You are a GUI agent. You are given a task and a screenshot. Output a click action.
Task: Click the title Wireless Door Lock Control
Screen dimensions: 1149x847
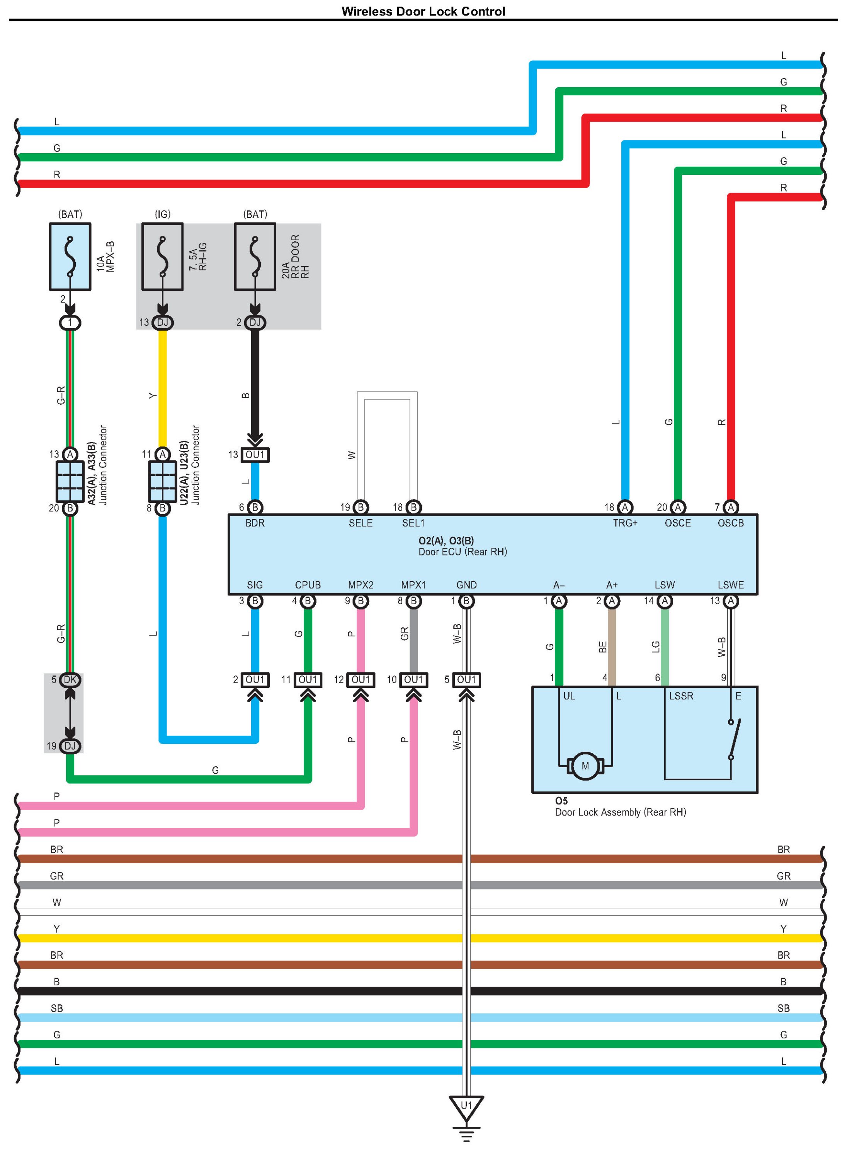click(423, 11)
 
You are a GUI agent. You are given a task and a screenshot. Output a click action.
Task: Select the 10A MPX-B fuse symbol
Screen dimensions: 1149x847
click(70, 256)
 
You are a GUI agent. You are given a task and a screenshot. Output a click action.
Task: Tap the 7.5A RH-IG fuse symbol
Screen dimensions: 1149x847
click(163, 256)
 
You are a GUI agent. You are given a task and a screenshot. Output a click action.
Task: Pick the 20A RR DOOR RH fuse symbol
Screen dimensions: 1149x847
click(255, 256)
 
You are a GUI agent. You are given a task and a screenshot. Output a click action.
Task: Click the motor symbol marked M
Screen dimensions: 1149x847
click(585, 766)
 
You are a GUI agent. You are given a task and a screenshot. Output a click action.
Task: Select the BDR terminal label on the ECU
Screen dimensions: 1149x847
click(255, 523)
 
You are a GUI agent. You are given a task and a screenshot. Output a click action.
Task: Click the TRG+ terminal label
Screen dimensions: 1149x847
click(624, 523)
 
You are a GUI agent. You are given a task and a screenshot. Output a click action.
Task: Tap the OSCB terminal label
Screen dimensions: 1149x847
click(730, 523)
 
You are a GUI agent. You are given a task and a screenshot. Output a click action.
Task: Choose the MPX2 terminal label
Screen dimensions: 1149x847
click(361, 585)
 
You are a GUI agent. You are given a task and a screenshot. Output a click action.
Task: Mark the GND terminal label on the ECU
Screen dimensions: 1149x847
click(466, 585)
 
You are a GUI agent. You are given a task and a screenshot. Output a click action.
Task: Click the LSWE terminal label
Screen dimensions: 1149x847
click(730, 585)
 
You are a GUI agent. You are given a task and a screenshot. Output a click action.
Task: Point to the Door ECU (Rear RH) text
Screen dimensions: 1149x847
click(463, 552)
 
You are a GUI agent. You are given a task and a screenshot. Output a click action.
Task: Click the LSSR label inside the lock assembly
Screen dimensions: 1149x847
click(681, 696)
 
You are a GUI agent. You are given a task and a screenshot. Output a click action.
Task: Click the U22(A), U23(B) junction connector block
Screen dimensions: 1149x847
click(163, 481)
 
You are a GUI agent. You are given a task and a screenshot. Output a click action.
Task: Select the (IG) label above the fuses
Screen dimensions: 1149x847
click(163, 214)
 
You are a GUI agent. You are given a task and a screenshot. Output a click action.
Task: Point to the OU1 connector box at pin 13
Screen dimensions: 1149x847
click(255, 455)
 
